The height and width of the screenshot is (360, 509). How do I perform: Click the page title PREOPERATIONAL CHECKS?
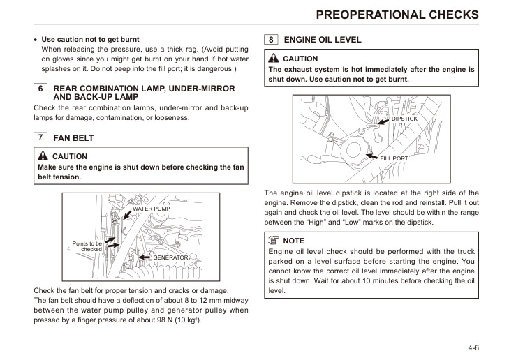[397, 14]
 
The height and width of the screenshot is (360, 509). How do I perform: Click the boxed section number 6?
[40, 89]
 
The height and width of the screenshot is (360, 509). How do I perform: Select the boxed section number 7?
[40, 138]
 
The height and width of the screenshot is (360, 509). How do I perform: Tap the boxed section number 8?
[271, 40]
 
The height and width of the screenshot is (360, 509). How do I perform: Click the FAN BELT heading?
[73, 138]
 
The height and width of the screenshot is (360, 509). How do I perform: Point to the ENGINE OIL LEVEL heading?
[323, 40]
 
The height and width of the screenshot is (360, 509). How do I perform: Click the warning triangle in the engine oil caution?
[274, 59]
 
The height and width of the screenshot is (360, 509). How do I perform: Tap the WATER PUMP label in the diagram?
[151, 209]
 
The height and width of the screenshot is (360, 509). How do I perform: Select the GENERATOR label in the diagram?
[170, 257]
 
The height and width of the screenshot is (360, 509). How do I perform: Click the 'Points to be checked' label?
[87, 246]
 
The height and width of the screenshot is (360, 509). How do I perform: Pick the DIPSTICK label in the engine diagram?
[404, 119]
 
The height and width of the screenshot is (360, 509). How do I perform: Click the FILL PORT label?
[394, 158]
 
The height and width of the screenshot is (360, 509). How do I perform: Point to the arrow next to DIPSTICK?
[383, 121]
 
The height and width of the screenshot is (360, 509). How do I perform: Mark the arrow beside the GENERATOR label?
[145, 257]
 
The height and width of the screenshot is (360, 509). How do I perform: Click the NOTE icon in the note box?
[274, 240]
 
